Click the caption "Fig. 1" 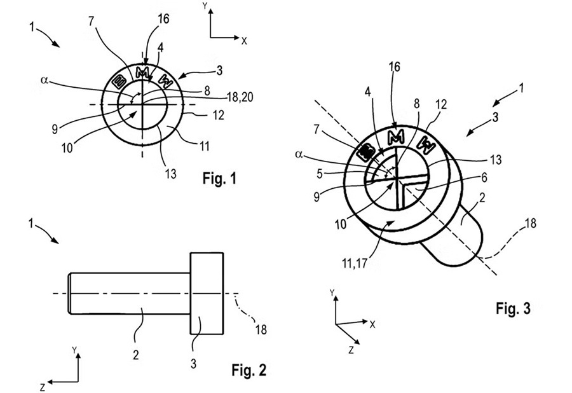click(219, 179)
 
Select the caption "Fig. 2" click(249, 370)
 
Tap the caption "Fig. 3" click(512, 308)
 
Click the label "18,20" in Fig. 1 click(240, 97)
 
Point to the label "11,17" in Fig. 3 click(354, 263)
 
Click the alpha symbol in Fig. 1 click(44, 80)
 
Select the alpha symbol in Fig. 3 click(299, 155)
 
